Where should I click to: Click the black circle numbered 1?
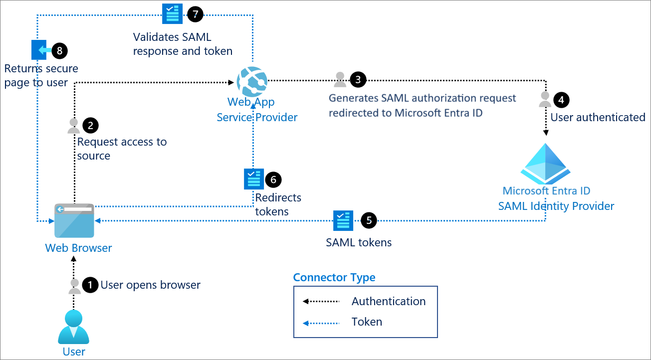(x=90, y=285)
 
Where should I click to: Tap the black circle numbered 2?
(x=90, y=125)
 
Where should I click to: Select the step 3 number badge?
(x=358, y=79)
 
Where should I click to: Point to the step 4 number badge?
(x=561, y=100)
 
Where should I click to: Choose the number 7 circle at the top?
(x=195, y=14)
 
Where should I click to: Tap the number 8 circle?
(x=59, y=50)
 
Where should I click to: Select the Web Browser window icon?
(x=74, y=220)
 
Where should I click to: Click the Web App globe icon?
(x=252, y=82)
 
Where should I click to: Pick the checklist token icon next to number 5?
(x=343, y=220)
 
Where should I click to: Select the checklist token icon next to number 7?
(x=173, y=14)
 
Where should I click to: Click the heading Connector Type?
(x=334, y=277)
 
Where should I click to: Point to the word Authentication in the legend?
(x=389, y=301)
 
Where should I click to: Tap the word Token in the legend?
(x=367, y=322)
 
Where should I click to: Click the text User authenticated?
(x=598, y=117)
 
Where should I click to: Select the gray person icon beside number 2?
(x=74, y=126)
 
